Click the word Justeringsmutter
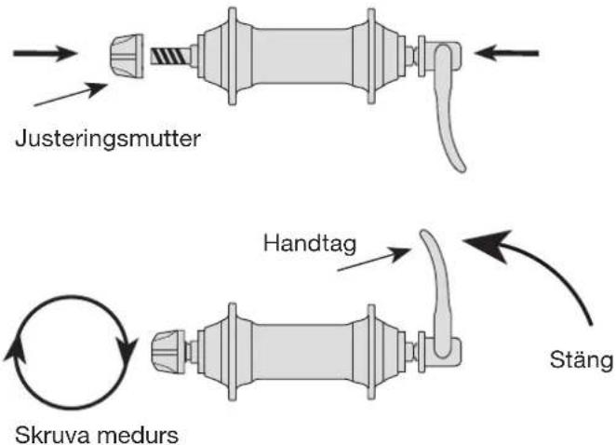(x=108, y=140)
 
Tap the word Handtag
(x=310, y=245)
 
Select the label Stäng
(x=581, y=360)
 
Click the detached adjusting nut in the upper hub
(x=127, y=56)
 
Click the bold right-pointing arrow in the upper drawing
(x=45, y=53)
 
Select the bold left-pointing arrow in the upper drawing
(x=507, y=52)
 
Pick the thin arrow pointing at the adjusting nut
(x=71, y=94)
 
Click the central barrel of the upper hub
(x=301, y=56)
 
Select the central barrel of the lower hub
(x=301, y=352)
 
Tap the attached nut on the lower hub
(x=168, y=352)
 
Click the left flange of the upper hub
(x=232, y=56)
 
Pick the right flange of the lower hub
(x=371, y=352)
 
